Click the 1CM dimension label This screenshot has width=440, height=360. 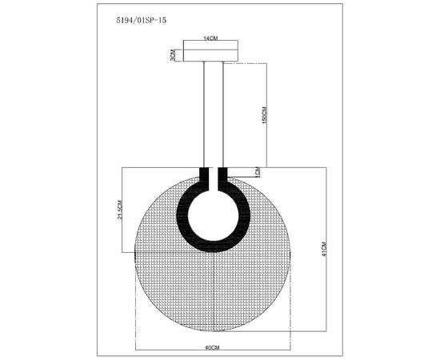click(258, 171)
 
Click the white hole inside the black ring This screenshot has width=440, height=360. click(213, 214)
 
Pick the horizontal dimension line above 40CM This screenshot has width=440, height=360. click(214, 340)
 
